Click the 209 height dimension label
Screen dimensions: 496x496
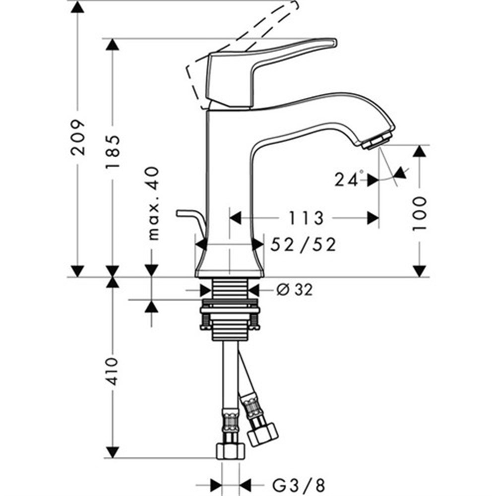[78, 137]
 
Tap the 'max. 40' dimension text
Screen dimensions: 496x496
[153, 203]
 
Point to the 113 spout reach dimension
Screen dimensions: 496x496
[306, 218]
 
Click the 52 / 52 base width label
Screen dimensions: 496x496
[303, 245]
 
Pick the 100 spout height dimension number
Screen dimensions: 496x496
[420, 213]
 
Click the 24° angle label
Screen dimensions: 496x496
[349, 179]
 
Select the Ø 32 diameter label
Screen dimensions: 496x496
[295, 290]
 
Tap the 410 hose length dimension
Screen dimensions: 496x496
[113, 372]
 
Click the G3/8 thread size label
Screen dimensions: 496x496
[299, 485]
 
